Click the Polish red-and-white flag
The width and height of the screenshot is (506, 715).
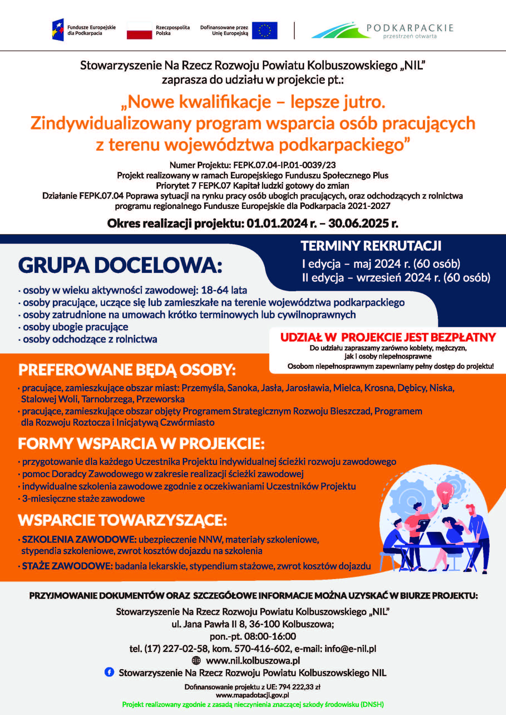pyautogui.click(x=139, y=31)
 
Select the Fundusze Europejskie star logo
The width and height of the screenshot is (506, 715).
pyautogui.click(x=58, y=30)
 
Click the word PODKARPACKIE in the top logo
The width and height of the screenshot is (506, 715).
pyautogui.click(x=410, y=28)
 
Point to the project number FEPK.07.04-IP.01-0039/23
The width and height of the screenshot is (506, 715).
pyautogui.click(x=284, y=165)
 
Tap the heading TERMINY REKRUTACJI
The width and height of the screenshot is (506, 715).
pyautogui.click(x=371, y=246)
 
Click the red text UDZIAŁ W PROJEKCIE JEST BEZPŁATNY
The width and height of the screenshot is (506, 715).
pyautogui.click(x=388, y=337)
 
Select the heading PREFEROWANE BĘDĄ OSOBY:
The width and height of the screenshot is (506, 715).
pyautogui.click(x=127, y=370)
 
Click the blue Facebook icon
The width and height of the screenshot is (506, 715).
pyautogui.click(x=109, y=672)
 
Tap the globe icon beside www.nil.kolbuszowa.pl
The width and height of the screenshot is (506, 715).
pyautogui.click(x=196, y=660)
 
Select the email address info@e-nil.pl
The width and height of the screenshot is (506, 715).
pyautogui.click(x=350, y=649)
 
